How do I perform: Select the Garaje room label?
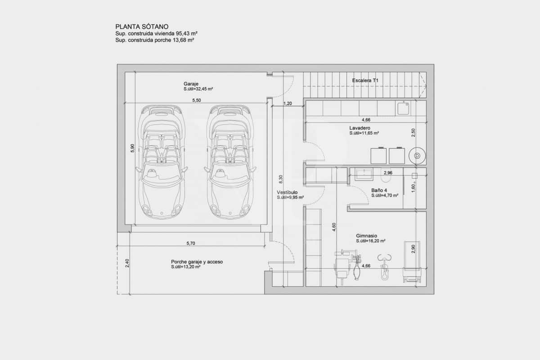(191, 84)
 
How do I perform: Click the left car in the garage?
(161, 162)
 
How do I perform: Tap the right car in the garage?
(229, 162)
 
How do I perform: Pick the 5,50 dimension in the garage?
(197, 100)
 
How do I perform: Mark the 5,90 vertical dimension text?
(132, 148)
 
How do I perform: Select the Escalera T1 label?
(365, 80)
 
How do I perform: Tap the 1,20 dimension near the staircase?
(288, 103)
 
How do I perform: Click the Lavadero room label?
(360, 128)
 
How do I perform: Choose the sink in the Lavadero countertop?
(403, 108)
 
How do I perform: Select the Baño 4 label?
(379, 190)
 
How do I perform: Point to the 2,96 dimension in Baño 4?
(388, 172)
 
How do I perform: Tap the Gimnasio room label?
(366, 235)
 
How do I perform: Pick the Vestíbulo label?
(287, 192)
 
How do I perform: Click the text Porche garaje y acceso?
(197, 262)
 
